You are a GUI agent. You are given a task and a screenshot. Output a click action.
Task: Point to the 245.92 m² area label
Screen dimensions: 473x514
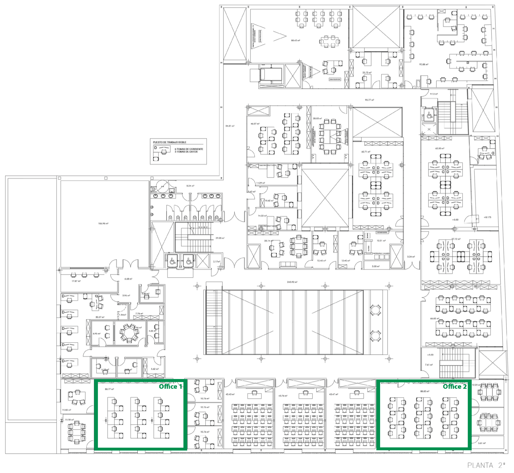(292, 282)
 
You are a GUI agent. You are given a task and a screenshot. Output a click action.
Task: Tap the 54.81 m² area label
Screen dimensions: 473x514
(230, 126)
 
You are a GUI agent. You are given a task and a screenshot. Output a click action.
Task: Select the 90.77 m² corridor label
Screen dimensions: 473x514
(369, 100)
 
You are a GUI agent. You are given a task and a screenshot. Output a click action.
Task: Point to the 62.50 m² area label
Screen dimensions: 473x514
(440, 148)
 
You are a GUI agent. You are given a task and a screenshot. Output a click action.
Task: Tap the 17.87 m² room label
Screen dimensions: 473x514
(76, 281)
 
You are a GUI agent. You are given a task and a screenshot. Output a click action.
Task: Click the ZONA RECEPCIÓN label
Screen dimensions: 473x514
(335, 79)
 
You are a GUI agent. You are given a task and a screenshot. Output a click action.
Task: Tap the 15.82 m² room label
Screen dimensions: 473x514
(66, 410)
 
